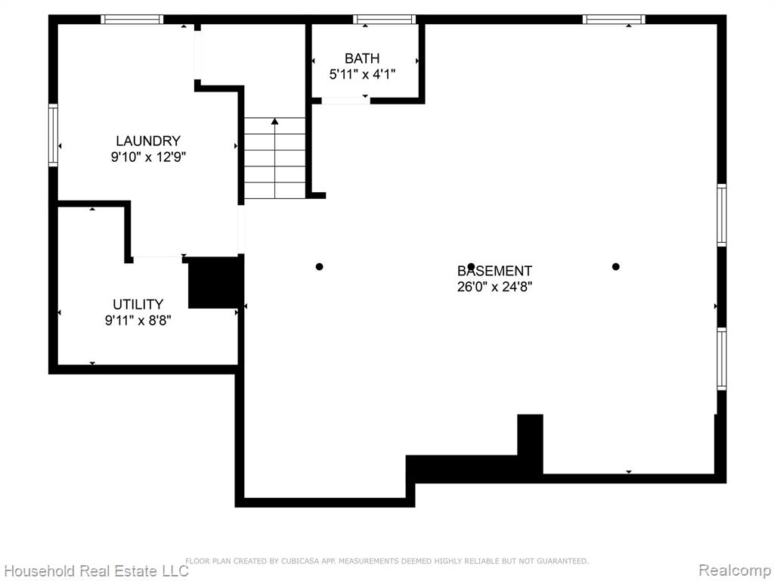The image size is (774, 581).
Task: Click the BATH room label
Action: coord(362,58)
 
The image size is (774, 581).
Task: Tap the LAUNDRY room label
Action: coord(148,141)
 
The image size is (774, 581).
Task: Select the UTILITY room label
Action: coord(138,304)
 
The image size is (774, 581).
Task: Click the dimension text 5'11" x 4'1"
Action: coord(362,75)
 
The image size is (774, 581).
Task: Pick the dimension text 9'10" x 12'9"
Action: coord(148,157)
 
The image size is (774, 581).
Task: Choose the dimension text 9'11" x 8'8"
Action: coord(138,320)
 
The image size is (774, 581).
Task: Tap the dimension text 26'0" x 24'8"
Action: coord(494,287)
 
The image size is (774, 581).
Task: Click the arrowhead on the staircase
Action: coord(275,121)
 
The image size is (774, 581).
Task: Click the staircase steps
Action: coord(275,158)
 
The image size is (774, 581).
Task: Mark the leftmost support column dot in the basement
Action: coord(320,267)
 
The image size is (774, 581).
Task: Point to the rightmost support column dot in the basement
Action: coord(615,267)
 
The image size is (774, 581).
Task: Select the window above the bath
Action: coord(384,19)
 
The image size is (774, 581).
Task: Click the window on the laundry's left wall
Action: coord(53,135)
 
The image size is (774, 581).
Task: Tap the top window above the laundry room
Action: coord(132,19)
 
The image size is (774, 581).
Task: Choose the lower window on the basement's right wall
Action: coord(722,359)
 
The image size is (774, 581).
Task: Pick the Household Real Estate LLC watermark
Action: coord(96,570)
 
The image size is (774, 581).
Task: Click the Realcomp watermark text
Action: coord(735,570)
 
